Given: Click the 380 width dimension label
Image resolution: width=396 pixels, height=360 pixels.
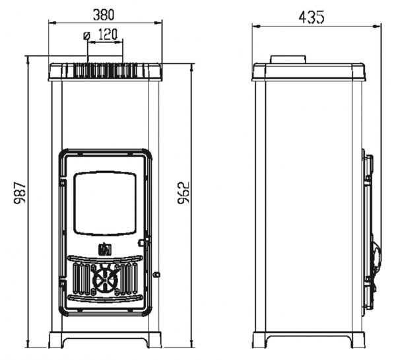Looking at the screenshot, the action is point(104,15).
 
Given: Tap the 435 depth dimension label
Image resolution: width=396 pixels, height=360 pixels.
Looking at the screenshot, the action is point(311,17).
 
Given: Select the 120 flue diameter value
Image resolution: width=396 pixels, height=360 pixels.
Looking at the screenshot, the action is point(108,34).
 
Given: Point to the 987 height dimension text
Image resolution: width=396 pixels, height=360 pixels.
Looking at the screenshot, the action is point(20,192).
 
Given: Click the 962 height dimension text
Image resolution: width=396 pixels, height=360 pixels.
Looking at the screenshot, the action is point(183,193).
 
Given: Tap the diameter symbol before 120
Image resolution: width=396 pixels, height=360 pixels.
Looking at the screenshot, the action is point(86,36).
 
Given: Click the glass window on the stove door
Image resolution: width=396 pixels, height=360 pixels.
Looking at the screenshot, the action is point(105,203).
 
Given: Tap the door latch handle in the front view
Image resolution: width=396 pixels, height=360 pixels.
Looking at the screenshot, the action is point(144,242).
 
